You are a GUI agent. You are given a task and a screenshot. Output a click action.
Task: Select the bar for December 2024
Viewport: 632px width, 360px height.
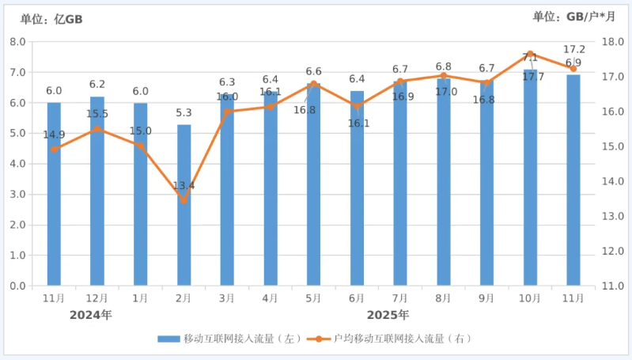tap(97, 191)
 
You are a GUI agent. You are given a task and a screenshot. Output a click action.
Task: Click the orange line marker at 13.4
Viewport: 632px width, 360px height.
tap(184, 200)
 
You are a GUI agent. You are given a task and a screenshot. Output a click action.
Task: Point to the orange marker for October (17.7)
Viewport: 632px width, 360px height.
tap(530, 54)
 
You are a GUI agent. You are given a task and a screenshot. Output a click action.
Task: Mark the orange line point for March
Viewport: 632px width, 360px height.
tap(227, 111)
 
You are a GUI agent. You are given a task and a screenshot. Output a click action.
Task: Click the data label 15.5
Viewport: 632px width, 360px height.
tap(97, 114)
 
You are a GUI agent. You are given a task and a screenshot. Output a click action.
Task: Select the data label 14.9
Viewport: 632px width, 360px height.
tap(54, 135)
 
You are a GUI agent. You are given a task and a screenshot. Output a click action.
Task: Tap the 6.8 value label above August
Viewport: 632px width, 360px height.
tap(444, 66)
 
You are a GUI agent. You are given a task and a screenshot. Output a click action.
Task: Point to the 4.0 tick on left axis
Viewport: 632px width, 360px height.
tap(17, 164)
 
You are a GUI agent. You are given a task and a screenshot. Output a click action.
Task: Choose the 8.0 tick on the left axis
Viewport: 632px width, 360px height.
tap(17, 41)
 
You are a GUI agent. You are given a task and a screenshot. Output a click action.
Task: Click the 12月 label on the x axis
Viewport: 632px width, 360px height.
tap(97, 298)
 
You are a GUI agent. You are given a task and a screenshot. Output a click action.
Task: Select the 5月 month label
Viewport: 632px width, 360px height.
tap(313, 298)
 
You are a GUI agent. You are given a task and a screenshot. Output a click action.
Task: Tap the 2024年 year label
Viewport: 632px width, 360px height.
tap(90, 315)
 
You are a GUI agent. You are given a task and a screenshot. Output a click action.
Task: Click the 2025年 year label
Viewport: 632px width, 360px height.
tap(388, 315)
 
